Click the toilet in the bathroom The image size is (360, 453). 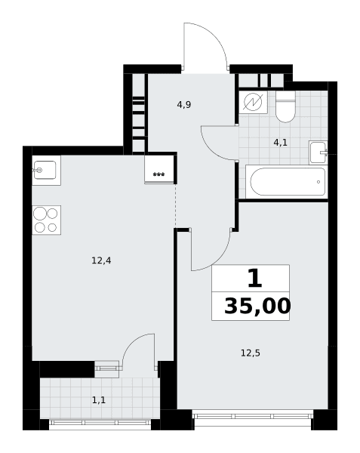(x=285, y=106)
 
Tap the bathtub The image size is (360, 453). (x=288, y=182)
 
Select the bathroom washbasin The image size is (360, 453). (x=318, y=153)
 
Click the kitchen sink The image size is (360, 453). (x=45, y=170)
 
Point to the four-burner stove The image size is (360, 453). (x=46, y=220)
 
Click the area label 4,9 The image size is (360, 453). (x=184, y=105)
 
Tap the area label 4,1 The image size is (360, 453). (x=280, y=143)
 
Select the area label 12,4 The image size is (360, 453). (x=101, y=260)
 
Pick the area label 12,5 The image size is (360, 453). (x=251, y=353)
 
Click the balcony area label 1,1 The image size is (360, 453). (x=99, y=400)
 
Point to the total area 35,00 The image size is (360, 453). (x=257, y=307)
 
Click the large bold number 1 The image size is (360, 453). (x=254, y=278)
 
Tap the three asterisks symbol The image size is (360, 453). (x=158, y=174)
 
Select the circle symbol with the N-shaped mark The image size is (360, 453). (x=253, y=102)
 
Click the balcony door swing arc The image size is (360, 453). (x=132, y=343)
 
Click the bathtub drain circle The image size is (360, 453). (x=318, y=182)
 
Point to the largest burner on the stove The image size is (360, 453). (x=40, y=214)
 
